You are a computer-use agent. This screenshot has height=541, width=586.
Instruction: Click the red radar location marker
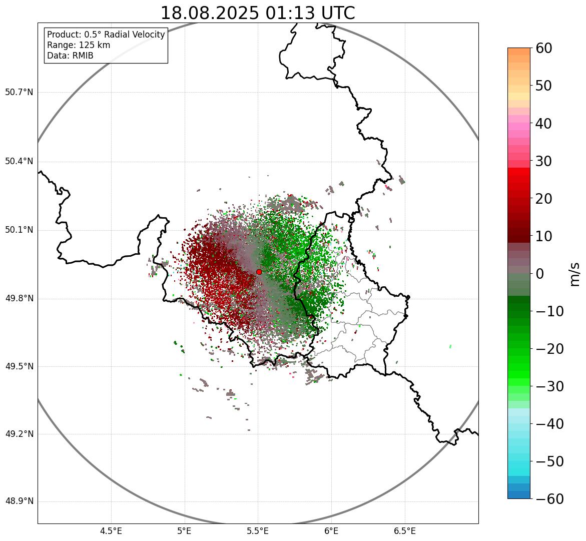pos(259,272)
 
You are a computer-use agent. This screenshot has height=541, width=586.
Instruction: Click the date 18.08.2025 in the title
pos(209,13)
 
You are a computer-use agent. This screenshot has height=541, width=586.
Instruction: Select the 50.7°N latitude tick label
pos(19,92)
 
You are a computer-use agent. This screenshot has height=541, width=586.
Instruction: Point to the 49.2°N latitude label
pos(19,434)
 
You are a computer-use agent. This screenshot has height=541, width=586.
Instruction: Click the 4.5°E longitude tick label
pos(111,531)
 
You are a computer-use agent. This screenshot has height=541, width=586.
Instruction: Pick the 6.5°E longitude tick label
pos(405,531)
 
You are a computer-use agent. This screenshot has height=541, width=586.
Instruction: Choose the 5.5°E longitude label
pos(258,531)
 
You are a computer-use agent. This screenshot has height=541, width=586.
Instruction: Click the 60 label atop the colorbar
pos(544,48)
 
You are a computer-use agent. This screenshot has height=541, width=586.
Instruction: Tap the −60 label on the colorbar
pos(549,499)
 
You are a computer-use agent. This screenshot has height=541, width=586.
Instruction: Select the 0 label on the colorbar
pos(540,274)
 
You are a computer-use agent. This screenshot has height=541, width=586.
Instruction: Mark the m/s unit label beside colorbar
pos(574,274)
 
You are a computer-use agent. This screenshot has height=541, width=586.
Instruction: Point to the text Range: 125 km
pos(79,45)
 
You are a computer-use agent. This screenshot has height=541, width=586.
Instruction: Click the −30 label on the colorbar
pos(549,386)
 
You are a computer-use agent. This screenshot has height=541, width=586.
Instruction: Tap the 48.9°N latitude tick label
pos(19,501)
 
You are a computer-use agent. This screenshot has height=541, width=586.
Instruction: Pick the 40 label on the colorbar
pos(544,123)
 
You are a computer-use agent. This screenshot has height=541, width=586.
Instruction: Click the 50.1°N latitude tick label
pos(19,230)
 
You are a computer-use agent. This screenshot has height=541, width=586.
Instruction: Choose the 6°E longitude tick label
pos(331,531)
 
